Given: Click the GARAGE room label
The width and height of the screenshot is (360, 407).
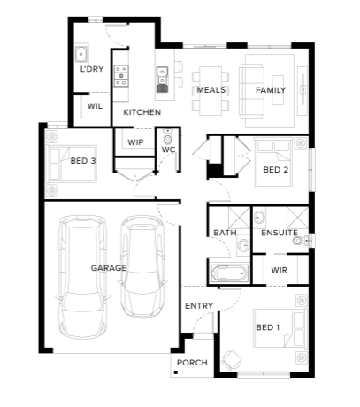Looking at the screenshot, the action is point(109,268).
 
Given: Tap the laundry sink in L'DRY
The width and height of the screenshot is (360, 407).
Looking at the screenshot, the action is point(81,54).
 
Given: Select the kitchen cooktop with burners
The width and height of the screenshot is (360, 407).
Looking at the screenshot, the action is point(121,76).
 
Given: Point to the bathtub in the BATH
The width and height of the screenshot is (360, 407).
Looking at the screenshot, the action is point(229,273).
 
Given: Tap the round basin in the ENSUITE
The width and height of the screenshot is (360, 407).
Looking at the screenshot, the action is point(260,217).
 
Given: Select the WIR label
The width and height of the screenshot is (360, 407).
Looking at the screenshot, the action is point(279,270).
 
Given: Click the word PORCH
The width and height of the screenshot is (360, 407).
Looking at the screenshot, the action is point(192,363).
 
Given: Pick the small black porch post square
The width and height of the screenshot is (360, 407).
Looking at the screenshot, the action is point(176,372).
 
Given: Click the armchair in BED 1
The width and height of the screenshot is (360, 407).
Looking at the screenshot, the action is point(232,359).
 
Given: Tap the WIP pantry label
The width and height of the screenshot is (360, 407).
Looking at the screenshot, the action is point(135,142).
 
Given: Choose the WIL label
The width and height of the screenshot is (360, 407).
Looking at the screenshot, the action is point(95,106).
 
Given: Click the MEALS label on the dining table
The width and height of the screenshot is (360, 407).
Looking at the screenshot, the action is point(211,90).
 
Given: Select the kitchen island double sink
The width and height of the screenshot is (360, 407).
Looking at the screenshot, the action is point(162,80).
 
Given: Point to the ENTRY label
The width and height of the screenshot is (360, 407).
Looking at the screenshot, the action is point(199,306).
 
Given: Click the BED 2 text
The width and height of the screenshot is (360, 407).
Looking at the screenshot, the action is point(276,170).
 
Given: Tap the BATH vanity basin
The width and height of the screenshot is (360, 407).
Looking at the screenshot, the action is point(244,245).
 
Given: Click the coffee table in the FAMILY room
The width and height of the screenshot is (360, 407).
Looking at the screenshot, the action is point(278,90).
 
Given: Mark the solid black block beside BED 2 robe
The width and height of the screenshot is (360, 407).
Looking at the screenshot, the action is point(215,171).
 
